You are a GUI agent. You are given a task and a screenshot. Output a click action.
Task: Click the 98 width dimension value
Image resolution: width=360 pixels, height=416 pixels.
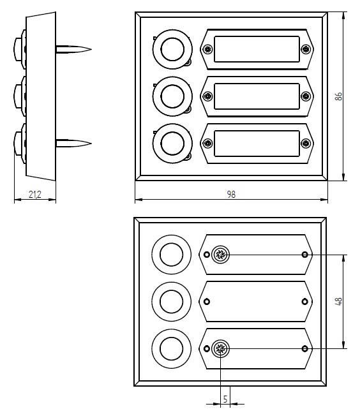click(231, 195)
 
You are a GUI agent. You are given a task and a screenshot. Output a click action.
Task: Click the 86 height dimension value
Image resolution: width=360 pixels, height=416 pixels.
click(338, 96)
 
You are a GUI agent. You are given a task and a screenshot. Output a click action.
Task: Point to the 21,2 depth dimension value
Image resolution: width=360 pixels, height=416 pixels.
click(35, 195)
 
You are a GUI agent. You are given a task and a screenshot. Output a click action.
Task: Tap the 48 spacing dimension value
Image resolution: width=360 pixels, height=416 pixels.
click(339, 301)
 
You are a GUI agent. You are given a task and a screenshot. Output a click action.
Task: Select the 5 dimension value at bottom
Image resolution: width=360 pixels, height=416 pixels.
click(225, 399)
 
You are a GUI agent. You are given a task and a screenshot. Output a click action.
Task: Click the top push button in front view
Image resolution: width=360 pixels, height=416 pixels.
click(172, 49)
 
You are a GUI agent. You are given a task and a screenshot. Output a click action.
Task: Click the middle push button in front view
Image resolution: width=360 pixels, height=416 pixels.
click(172, 96)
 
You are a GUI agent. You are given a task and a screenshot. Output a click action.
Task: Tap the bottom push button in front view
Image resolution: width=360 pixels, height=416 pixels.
click(172, 144)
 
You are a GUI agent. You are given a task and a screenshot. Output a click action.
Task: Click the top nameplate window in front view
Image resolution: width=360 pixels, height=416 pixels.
click(257, 49)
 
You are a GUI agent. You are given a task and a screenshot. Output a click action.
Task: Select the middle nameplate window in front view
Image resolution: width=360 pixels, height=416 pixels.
click(257, 96)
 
